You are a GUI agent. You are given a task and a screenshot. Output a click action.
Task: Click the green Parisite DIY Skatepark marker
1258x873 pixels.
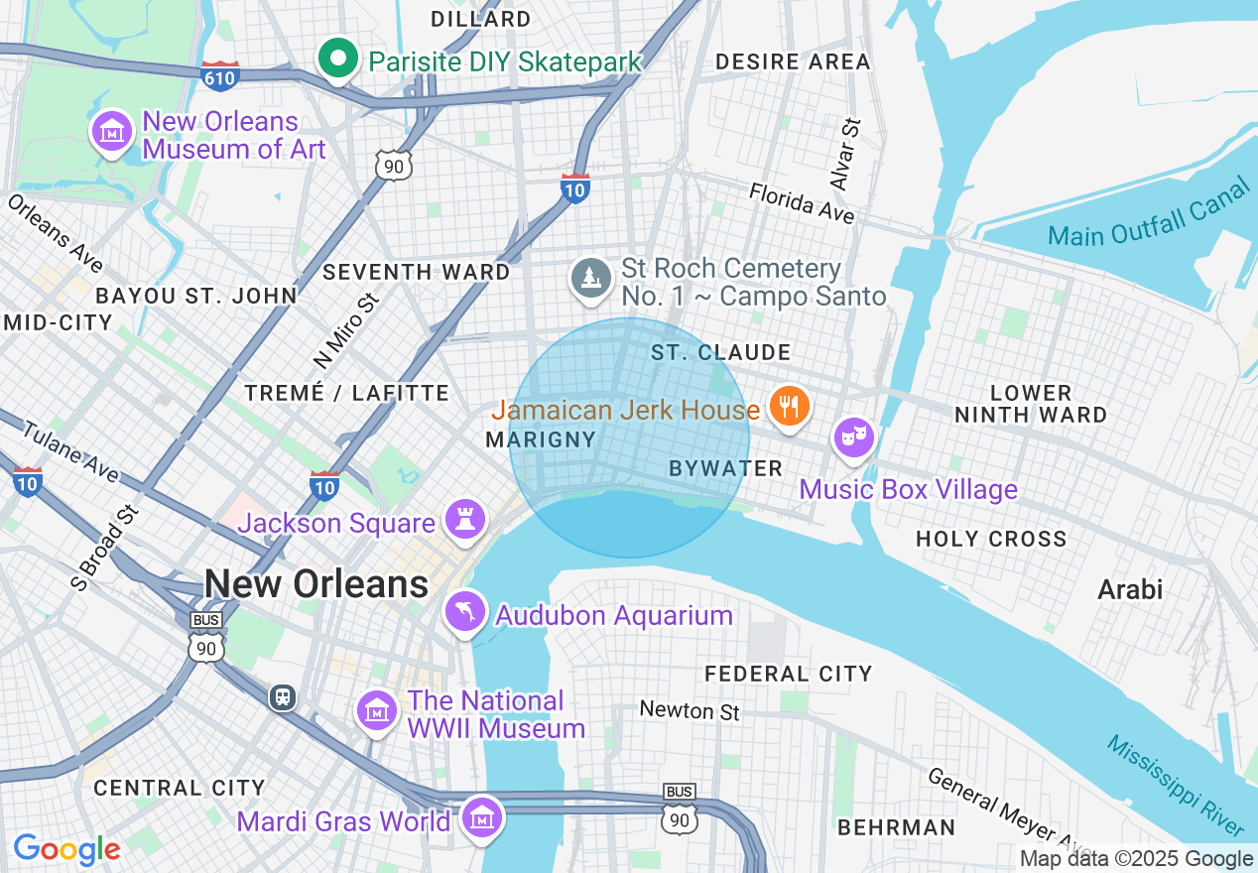(x=338, y=59)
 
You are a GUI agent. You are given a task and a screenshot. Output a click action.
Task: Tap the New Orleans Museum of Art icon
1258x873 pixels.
(x=112, y=132)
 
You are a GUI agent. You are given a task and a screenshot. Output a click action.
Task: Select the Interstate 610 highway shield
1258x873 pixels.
(x=219, y=75)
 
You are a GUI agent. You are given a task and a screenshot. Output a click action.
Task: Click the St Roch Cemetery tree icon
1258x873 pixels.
(x=591, y=278)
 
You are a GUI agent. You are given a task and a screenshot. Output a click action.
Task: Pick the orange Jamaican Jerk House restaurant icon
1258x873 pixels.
(x=789, y=407)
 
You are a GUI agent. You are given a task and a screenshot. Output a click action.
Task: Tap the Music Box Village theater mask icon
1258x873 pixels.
(x=853, y=436)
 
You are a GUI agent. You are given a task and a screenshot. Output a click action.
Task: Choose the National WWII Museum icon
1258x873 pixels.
(x=377, y=711)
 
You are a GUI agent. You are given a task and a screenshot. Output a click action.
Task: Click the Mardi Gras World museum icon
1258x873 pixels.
(x=483, y=818)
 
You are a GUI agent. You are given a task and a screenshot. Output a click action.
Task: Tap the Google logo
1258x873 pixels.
(x=66, y=850)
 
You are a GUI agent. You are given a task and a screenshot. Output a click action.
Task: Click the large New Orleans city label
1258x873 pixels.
(x=316, y=584)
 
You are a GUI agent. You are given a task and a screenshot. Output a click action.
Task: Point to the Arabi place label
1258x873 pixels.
(x=1129, y=589)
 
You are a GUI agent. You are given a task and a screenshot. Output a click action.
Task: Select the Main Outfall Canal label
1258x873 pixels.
(x=1149, y=215)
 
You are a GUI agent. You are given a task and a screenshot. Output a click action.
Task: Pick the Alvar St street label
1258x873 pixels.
(x=844, y=154)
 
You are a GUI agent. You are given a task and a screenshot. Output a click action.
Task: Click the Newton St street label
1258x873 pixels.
(x=690, y=710)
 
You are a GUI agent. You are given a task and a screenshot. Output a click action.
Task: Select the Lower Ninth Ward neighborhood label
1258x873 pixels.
(x=1031, y=404)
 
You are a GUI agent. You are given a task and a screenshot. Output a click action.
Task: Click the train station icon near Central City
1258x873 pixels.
(x=283, y=697)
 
